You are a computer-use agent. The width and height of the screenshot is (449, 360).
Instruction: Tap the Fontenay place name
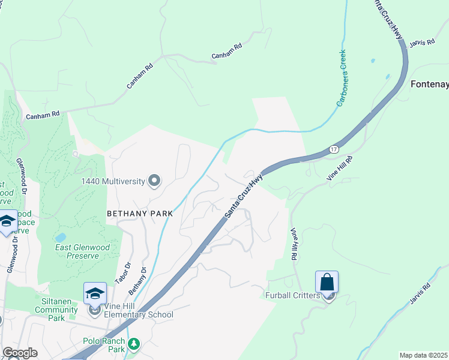point(429,84)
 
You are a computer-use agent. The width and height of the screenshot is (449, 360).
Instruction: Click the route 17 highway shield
point(334,148)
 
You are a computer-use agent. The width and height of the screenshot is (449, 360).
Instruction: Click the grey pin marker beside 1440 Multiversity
point(155,180)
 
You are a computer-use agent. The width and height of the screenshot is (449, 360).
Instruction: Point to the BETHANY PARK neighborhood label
point(140,213)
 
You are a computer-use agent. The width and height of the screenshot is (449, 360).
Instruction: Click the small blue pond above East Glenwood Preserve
point(61,237)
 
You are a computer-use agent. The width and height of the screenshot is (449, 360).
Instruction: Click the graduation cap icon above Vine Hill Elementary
point(95,293)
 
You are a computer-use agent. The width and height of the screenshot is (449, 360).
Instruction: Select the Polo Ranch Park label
point(103,344)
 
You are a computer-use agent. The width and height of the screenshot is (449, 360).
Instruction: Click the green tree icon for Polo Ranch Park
point(135,344)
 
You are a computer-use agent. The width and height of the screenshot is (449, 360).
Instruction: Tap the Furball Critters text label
point(291,295)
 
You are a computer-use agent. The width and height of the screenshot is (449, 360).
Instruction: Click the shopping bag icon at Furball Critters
point(327,282)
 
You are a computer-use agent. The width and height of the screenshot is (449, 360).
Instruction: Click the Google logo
point(19,353)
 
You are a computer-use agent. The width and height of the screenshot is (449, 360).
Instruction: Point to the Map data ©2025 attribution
point(423,355)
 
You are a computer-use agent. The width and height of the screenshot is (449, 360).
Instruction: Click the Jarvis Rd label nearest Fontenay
point(422,44)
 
